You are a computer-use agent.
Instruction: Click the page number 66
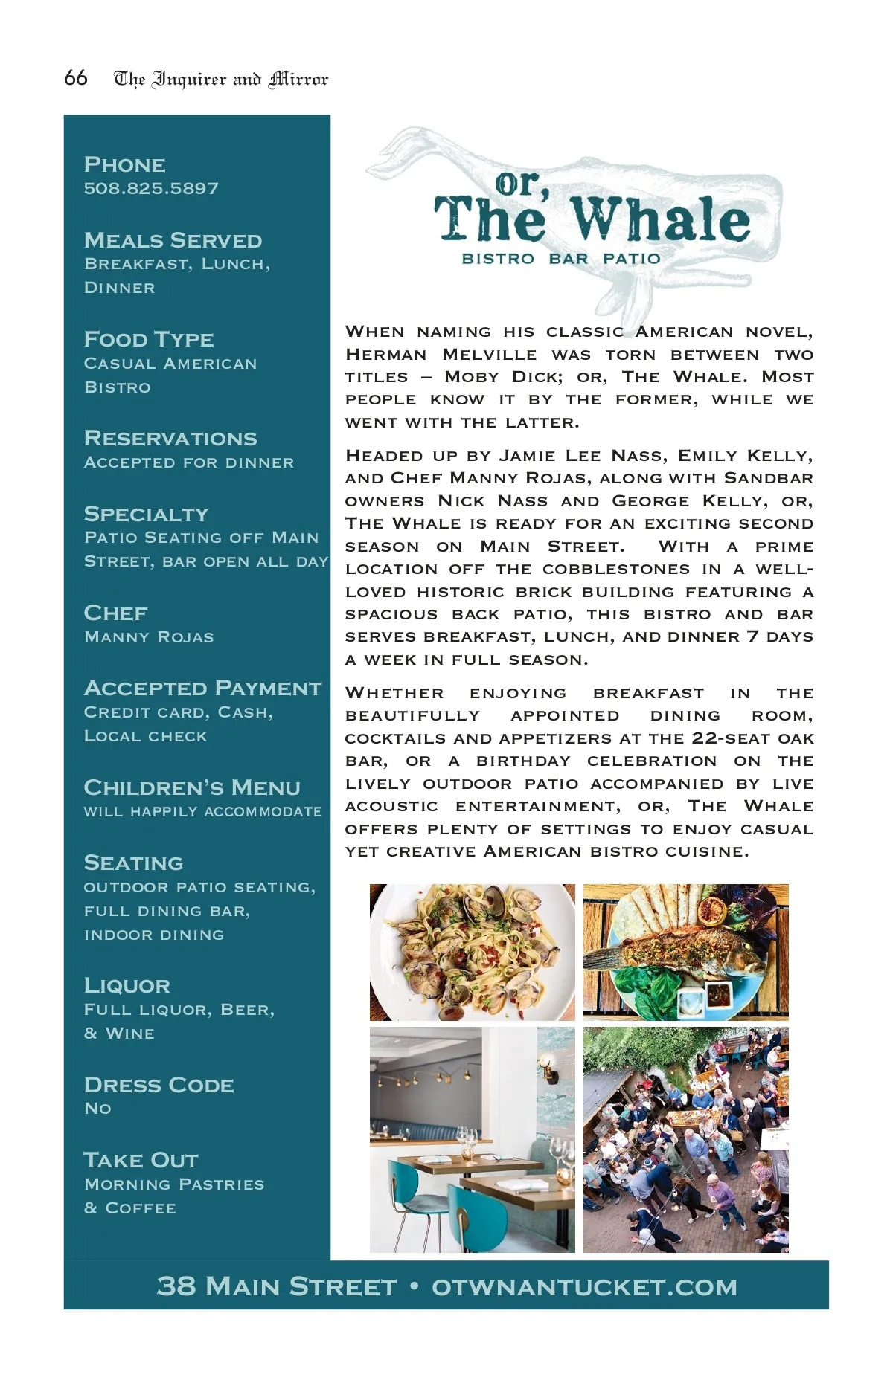click(75, 77)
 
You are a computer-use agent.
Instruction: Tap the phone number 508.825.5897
click(151, 188)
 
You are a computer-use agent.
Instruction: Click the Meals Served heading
click(173, 240)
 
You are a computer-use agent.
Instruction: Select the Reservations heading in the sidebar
click(170, 438)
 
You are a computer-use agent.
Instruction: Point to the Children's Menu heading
click(192, 787)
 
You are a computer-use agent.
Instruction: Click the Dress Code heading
click(159, 1085)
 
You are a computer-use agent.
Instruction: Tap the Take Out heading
click(141, 1160)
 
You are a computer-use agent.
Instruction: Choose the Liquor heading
click(127, 985)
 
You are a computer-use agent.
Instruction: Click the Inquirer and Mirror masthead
click(220, 79)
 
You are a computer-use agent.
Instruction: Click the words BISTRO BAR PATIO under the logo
click(561, 259)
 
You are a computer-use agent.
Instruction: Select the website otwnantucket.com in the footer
click(584, 1286)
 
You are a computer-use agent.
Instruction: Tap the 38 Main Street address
click(277, 1286)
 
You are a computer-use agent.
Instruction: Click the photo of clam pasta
click(472, 952)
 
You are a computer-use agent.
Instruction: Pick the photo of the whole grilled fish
click(685, 952)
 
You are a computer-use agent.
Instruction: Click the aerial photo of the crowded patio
click(685, 1140)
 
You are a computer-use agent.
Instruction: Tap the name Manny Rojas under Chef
click(149, 637)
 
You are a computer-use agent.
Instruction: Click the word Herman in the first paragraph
click(385, 355)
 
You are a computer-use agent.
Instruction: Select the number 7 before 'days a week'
click(752, 636)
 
